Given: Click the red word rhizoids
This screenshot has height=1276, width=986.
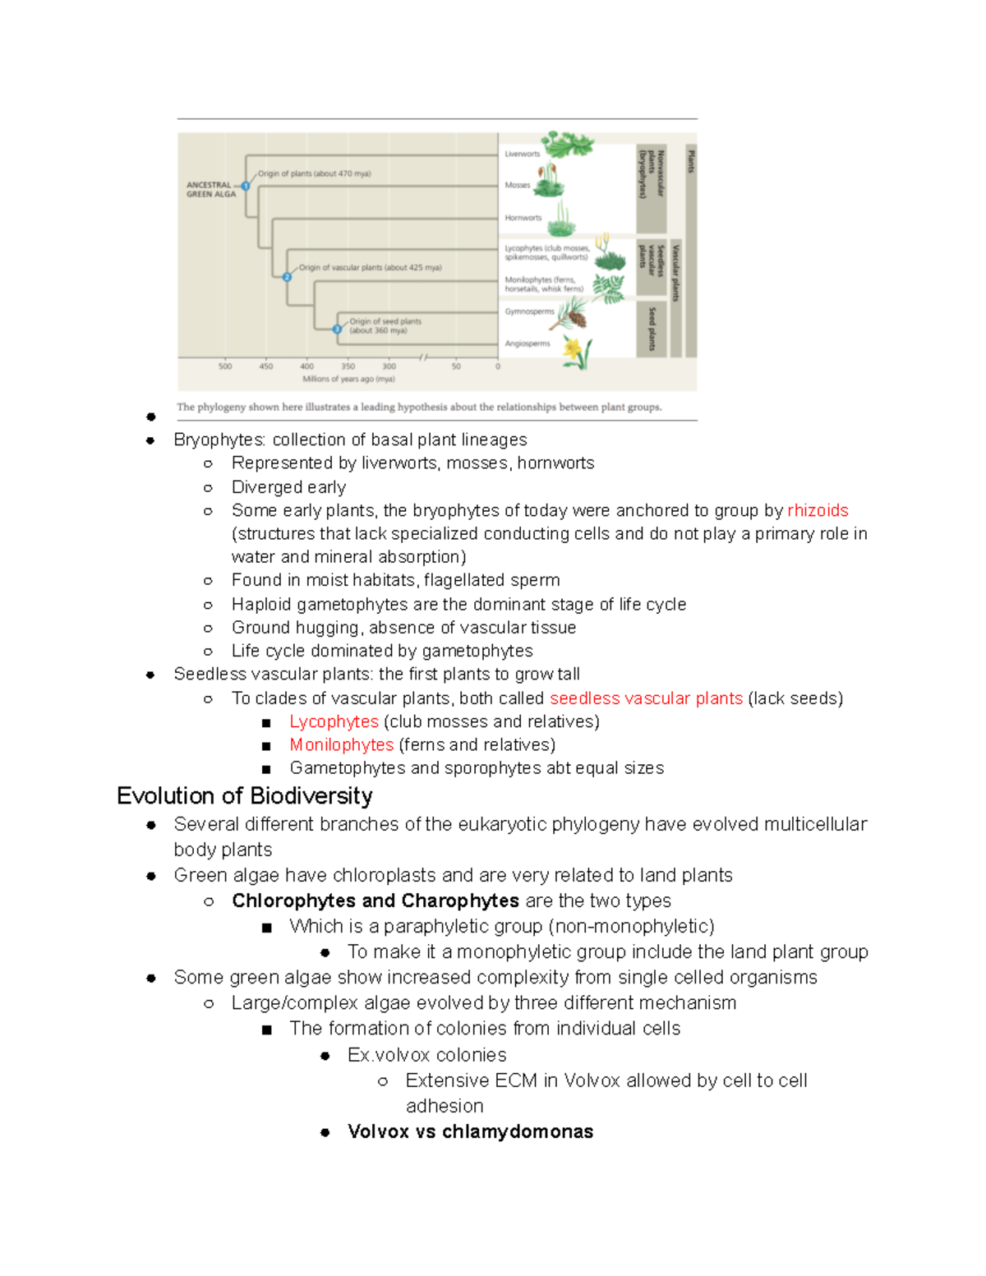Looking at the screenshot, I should coord(817,510).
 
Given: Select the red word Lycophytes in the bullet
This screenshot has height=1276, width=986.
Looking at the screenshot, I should coord(334,721).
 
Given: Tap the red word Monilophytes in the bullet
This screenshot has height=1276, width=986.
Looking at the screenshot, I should coord(341,744).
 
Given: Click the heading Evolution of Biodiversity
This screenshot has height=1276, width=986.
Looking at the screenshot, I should coord(244,795).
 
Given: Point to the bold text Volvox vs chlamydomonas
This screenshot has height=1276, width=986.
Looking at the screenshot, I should coord(470,1131).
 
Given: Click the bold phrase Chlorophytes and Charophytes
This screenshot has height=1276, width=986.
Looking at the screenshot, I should coord(375,901).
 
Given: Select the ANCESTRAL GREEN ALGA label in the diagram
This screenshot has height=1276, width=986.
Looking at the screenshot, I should coord(210,190).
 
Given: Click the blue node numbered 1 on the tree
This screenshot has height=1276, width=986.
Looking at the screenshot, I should coord(246,186).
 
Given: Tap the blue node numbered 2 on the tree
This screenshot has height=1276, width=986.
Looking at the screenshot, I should coord(287,277).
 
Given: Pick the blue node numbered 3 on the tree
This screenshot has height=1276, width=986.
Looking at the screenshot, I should coord(337,329).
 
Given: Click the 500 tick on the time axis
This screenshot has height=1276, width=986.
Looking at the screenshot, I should coord(225,366).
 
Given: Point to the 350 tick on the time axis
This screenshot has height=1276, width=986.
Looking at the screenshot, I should coord(348,366).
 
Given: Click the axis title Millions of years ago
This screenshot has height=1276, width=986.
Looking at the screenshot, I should coord(348,379).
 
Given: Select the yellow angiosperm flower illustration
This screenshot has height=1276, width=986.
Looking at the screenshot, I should coord(575,351).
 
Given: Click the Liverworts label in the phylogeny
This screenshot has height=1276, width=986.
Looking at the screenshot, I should coord(522,154).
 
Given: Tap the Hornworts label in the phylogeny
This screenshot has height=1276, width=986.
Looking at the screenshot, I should coord(523,218).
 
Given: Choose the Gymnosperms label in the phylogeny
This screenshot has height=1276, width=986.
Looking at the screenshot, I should coord(529,311).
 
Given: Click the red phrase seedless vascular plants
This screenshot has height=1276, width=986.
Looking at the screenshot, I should coord(646,698).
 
